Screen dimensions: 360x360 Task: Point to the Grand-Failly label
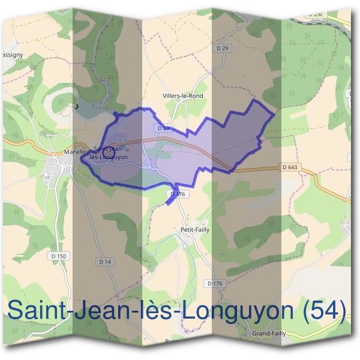269,333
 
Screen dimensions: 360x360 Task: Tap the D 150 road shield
58,256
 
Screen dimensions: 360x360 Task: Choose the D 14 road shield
105,262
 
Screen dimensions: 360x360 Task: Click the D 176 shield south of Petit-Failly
214,283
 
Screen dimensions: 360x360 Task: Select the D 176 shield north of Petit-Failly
176,194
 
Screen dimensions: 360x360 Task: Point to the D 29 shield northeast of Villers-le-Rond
221,47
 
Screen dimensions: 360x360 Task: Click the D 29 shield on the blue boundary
161,128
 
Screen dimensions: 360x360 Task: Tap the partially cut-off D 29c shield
316,14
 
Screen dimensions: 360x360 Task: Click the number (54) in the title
325,311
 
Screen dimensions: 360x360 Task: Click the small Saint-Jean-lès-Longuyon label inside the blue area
108,152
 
